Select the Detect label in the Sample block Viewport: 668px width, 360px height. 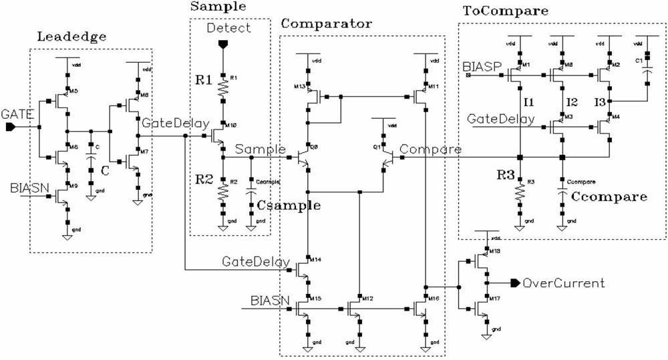coord(229,27)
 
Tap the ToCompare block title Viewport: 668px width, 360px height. coord(506,11)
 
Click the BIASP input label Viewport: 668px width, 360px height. coord(479,67)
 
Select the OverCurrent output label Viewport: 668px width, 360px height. coord(563,283)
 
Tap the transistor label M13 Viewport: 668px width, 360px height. coord(299,87)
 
